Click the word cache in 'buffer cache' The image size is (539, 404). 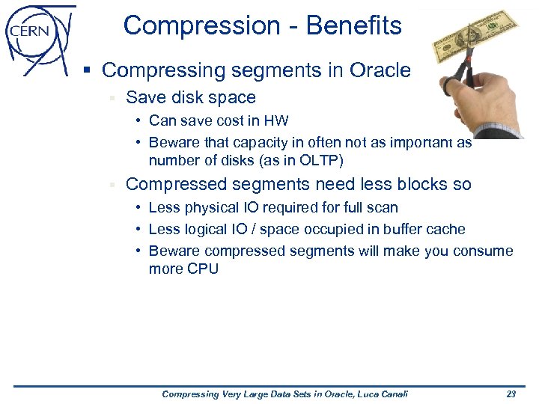point(445,229)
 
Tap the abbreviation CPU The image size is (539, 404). point(202,269)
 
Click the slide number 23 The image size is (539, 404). point(511,394)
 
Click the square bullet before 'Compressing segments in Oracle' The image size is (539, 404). point(88,71)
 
